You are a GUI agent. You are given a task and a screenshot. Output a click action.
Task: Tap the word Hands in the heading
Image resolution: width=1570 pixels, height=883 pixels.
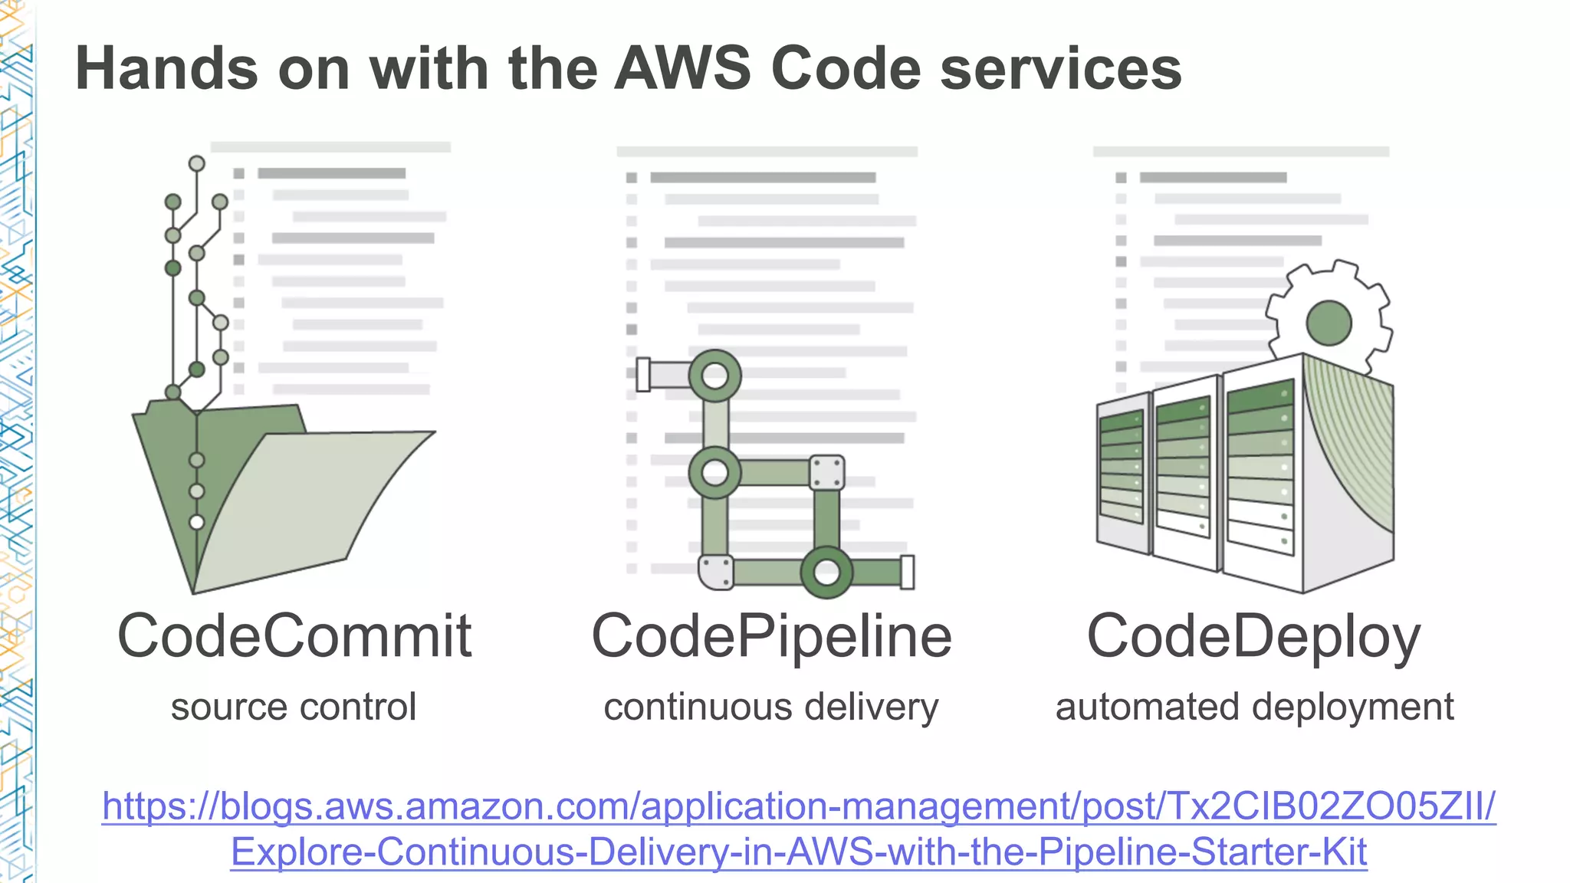(167, 69)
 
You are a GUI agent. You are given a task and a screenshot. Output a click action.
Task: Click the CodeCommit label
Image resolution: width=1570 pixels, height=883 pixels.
(294, 636)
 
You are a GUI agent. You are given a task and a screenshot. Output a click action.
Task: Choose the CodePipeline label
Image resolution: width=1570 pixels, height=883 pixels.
(771, 636)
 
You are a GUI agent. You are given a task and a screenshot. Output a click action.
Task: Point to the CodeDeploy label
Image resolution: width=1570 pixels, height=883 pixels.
(1253, 636)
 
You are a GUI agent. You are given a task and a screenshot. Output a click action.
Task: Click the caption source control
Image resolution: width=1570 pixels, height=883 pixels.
(294, 707)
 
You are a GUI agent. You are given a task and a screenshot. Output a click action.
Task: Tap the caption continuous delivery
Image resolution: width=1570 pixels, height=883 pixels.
(770, 707)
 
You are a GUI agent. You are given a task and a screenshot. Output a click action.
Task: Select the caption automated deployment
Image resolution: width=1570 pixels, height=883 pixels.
(1254, 707)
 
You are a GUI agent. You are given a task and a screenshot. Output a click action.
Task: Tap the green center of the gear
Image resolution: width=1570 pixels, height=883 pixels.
(1329, 323)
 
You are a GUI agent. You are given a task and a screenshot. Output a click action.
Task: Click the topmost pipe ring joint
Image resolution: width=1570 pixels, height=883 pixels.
(714, 376)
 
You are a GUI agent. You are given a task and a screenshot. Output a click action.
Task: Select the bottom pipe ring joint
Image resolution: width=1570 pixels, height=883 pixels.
(826, 572)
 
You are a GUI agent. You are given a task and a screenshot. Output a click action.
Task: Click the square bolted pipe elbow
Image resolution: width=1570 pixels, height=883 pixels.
(826, 472)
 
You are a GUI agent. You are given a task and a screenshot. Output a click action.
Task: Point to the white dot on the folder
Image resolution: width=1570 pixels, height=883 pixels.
(197, 522)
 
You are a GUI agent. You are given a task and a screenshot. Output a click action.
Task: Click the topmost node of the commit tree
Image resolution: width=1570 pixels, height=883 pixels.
(197, 163)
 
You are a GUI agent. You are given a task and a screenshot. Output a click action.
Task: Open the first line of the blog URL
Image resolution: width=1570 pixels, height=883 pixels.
(799, 806)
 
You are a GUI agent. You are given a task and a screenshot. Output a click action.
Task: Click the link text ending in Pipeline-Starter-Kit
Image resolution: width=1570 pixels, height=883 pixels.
(799, 852)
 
